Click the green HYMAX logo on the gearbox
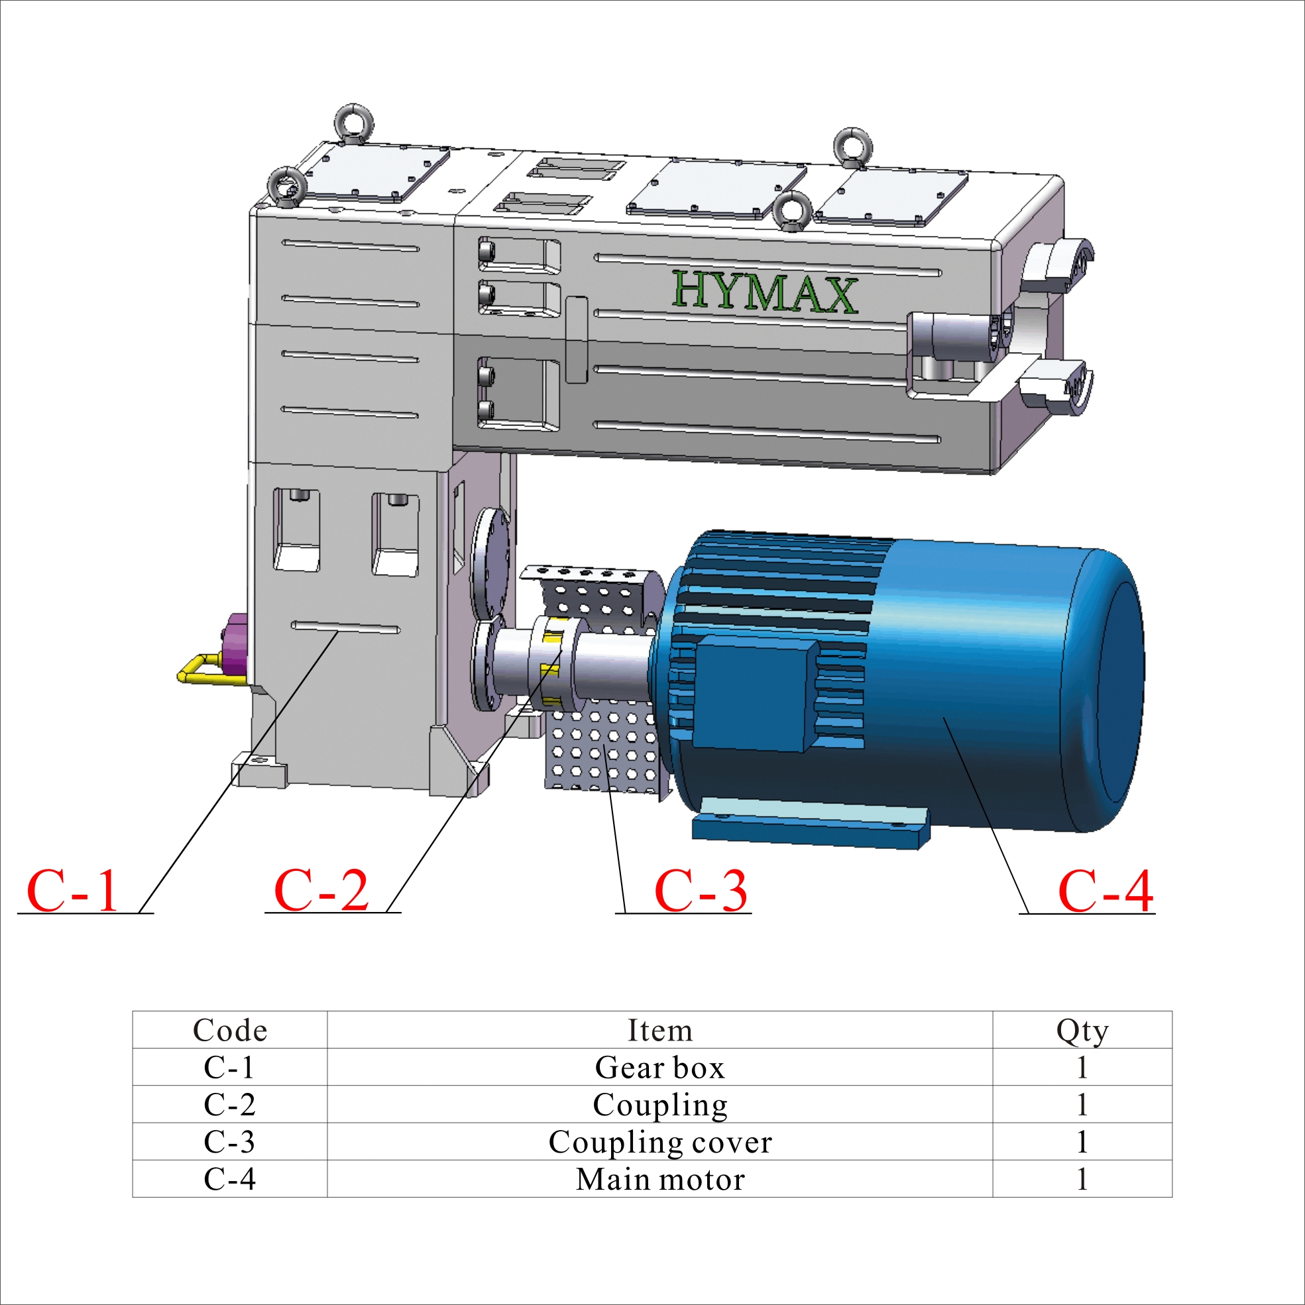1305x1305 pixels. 765,292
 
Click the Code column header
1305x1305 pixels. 230,1031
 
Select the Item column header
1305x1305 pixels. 660,1031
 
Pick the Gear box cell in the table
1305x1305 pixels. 660,1068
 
